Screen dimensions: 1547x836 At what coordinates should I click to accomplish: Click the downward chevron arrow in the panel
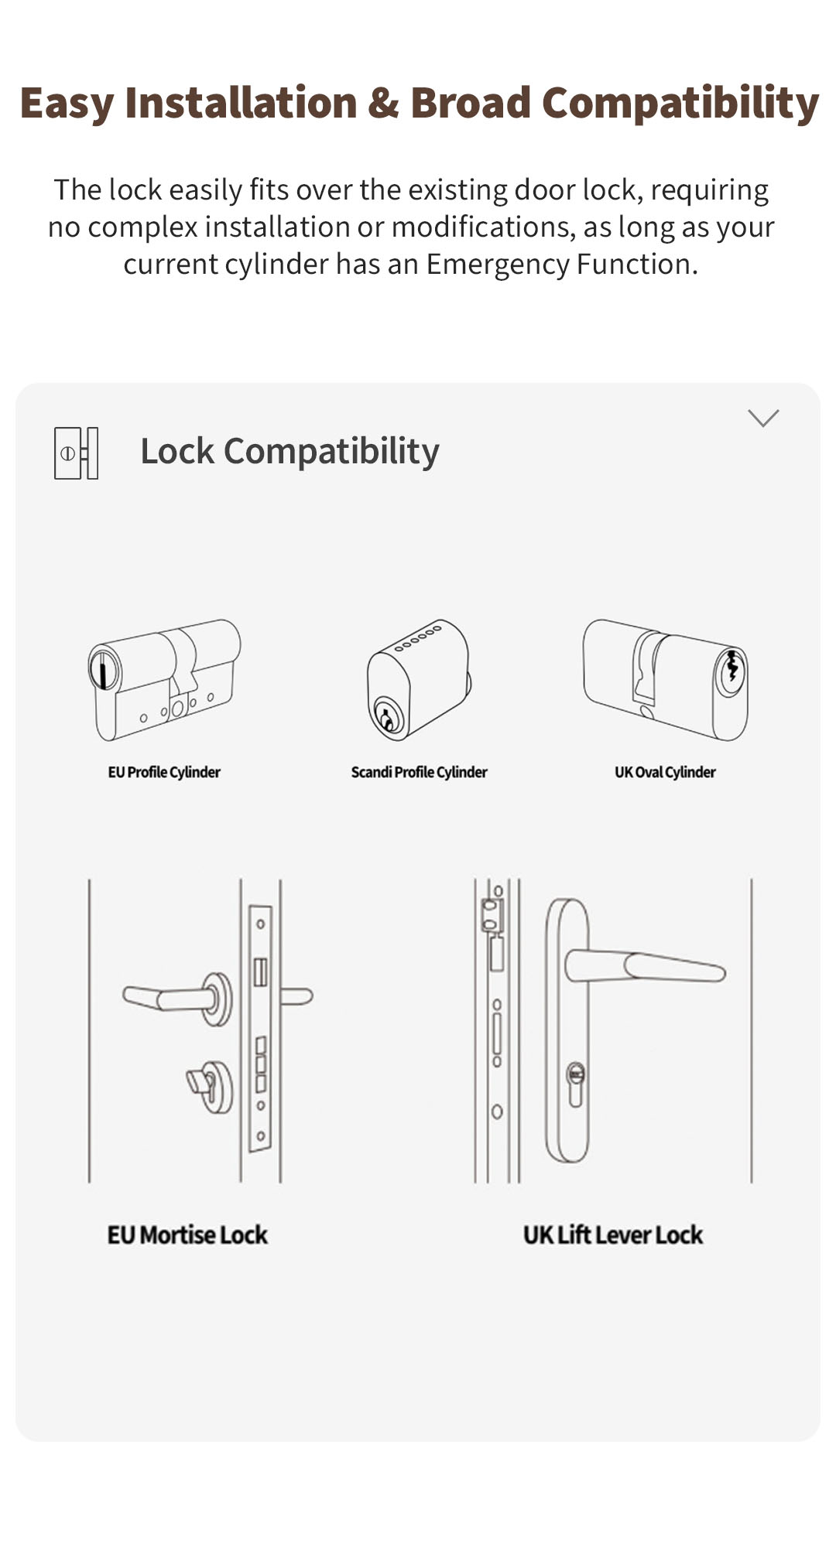pyautogui.click(x=763, y=418)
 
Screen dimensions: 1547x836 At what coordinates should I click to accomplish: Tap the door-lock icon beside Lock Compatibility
pyautogui.click(x=76, y=452)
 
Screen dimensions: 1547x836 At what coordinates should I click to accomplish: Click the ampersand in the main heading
pyautogui.click(x=383, y=104)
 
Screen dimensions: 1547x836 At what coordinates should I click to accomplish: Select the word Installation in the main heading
pyautogui.click(x=241, y=104)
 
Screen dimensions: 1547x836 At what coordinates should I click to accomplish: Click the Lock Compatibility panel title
pyautogui.click(x=290, y=452)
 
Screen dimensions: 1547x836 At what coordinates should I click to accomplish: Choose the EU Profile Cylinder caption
pyautogui.click(x=164, y=772)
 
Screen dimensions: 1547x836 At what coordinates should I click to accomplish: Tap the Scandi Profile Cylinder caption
pyautogui.click(x=419, y=772)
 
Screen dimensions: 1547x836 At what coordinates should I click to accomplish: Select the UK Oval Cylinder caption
pyautogui.click(x=665, y=772)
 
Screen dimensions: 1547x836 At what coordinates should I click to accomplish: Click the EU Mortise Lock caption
pyautogui.click(x=187, y=1235)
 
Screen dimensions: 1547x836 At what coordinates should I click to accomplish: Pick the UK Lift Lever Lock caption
pyautogui.click(x=613, y=1235)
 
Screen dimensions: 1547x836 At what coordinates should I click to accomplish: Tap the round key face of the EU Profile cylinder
pyautogui.click(x=104, y=670)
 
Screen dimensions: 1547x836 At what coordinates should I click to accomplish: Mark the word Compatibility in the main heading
pyautogui.click(x=680, y=104)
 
